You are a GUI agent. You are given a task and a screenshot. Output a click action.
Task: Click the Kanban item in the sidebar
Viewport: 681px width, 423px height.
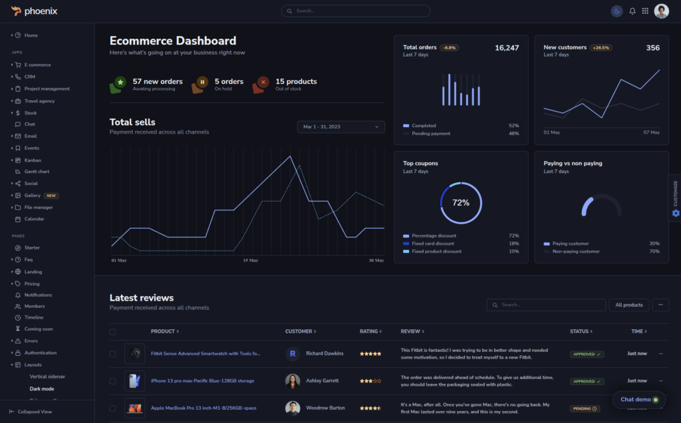(33, 160)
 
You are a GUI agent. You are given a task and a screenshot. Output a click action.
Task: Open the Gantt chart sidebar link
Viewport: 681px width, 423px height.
(37, 172)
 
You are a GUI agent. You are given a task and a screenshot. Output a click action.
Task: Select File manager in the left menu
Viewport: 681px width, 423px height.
(39, 207)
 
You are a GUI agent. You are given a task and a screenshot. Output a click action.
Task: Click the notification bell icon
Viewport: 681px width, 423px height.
(632, 11)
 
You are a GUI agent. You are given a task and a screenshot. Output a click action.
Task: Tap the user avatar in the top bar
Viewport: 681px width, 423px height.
(661, 11)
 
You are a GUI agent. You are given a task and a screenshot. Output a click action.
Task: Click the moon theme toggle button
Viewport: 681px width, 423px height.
(617, 11)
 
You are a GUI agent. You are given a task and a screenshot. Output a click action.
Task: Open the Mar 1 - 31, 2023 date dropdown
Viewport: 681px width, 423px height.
(340, 126)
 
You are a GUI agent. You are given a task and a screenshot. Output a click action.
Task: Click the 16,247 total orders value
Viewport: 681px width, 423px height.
(507, 48)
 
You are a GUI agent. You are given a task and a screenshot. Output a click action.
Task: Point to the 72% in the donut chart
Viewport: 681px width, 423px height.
(461, 202)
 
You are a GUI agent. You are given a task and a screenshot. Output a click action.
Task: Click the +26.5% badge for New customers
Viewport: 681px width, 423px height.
(601, 48)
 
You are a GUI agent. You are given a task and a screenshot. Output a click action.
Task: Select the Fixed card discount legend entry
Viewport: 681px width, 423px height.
(433, 243)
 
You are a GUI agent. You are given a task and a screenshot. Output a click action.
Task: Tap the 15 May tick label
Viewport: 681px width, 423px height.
(250, 261)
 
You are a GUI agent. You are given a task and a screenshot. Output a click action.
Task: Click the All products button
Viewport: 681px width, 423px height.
(628, 305)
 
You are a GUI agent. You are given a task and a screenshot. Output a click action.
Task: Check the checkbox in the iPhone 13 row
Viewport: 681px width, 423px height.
(112, 381)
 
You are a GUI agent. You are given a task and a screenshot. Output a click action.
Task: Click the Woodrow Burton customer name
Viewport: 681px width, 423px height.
(325, 408)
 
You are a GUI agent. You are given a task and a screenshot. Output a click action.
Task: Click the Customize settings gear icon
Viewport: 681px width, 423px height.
(676, 213)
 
